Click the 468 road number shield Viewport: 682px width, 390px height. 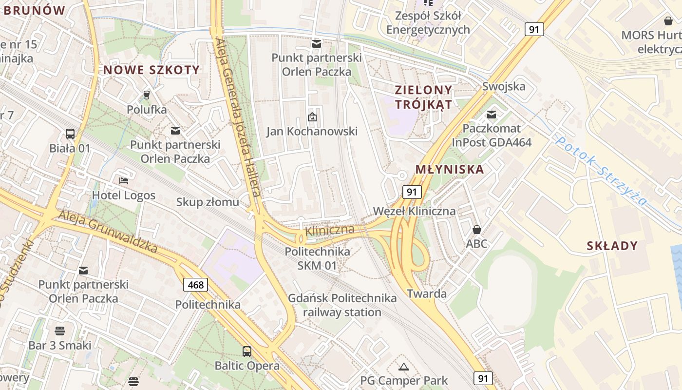pyautogui.click(x=196, y=285)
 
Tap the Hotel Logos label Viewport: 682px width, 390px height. pyautogui.click(x=124, y=195)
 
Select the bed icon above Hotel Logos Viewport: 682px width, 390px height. pyautogui.click(x=124, y=181)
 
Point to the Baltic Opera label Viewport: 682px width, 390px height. pyautogui.click(x=247, y=366)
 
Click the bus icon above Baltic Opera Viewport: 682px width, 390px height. pyautogui.click(x=247, y=351)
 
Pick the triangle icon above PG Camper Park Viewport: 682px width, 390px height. pyautogui.click(x=403, y=367)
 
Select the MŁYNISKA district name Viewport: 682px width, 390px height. pyautogui.click(x=450, y=170)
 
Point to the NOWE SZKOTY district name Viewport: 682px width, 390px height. pyautogui.click(x=152, y=70)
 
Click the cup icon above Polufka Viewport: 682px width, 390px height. pyautogui.click(x=146, y=95)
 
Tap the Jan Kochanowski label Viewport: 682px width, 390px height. pyautogui.click(x=312, y=131)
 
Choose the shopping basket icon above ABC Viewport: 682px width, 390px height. pyautogui.click(x=476, y=229)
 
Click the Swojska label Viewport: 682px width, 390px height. pyautogui.click(x=504, y=86)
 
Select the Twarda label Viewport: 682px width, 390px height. pyautogui.click(x=427, y=293)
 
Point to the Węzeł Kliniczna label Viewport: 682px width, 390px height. pyautogui.click(x=414, y=211)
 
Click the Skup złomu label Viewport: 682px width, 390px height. pyautogui.click(x=208, y=202)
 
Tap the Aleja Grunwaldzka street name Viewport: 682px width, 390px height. pyautogui.click(x=108, y=232)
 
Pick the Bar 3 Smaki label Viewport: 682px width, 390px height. pyautogui.click(x=60, y=345)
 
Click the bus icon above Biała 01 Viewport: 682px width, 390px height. pyautogui.click(x=70, y=134)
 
